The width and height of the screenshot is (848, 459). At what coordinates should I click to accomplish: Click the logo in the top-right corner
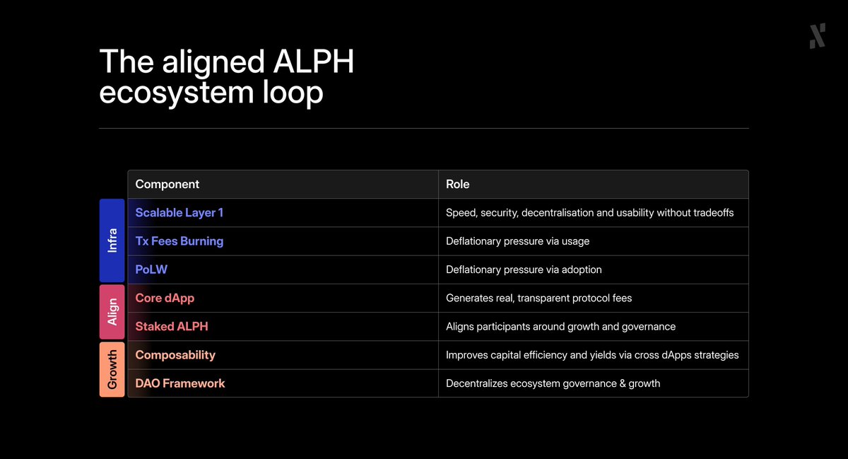click(x=818, y=35)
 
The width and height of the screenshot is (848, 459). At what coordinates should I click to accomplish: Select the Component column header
click(x=167, y=184)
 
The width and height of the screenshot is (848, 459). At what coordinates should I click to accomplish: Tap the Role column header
click(x=458, y=184)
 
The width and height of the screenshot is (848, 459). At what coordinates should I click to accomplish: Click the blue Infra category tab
click(x=112, y=240)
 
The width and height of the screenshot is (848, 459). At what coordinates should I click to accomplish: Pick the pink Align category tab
click(x=112, y=312)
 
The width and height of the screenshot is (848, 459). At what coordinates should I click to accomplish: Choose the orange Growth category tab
click(x=112, y=369)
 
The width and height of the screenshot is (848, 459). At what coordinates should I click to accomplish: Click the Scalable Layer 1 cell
click(x=179, y=212)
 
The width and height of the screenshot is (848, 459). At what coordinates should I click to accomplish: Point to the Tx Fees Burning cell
click(x=179, y=241)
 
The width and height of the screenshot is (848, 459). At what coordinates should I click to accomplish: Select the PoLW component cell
click(x=151, y=269)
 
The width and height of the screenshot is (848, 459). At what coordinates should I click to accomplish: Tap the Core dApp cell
click(x=165, y=298)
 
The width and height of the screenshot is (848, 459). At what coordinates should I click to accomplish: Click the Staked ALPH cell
click(x=172, y=327)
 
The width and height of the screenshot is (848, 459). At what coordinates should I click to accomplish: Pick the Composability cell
click(x=175, y=355)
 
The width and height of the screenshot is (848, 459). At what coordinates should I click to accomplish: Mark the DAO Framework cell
click(x=180, y=383)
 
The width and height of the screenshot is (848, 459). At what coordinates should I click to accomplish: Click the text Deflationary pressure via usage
click(x=517, y=241)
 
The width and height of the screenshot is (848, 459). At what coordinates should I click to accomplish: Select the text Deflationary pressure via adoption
click(x=524, y=269)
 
